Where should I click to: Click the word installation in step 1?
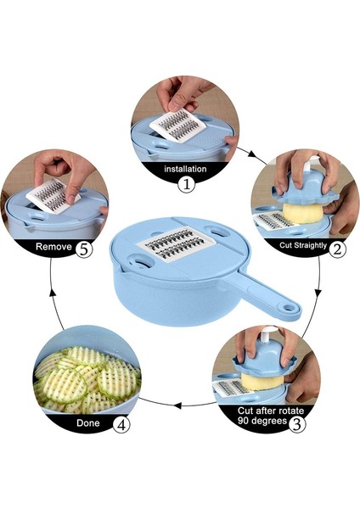click(x=185, y=169)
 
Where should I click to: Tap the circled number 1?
click(x=187, y=185)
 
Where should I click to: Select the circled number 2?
click(x=338, y=249)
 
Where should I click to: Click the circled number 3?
click(x=297, y=424)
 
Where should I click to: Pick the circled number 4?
click(x=121, y=425)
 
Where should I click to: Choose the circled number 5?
click(x=84, y=250)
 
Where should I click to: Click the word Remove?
click(x=53, y=247)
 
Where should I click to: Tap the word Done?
click(x=88, y=423)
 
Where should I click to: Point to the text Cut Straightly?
click(x=303, y=245)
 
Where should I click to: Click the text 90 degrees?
click(x=262, y=421)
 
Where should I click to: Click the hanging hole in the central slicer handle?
click(x=288, y=307)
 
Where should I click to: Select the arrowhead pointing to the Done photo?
click(x=177, y=406)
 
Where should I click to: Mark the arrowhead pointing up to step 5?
click(x=52, y=293)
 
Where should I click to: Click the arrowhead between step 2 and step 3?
click(x=318, y=292)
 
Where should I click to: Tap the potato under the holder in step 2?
click(x=302, y=214)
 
